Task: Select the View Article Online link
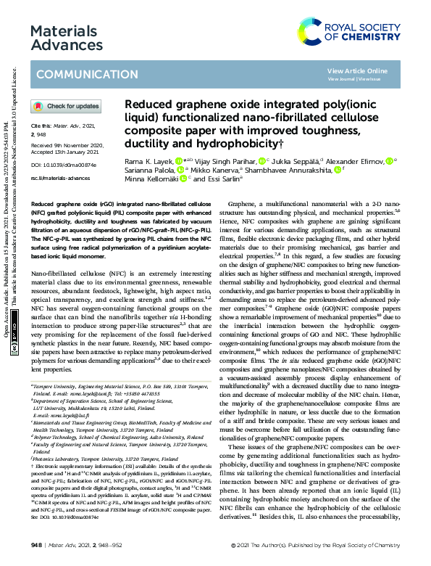(357, 70)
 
